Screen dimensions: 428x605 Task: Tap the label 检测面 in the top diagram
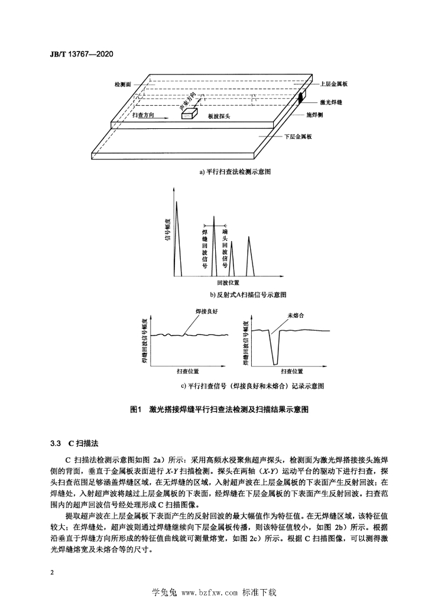click(x=123, y=84)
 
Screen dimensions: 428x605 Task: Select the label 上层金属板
click(x=334, y=83)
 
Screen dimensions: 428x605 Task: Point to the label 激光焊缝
click(x=331, y=102)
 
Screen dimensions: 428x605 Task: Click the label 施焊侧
click(x=314, y=115)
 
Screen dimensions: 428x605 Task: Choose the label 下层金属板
click(x=298, y=136)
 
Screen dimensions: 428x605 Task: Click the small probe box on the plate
click(x=189, y=113)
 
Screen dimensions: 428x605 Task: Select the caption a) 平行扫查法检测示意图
click(x=235, y=172)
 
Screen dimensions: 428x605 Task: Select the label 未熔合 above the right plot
click(x=296, y=315)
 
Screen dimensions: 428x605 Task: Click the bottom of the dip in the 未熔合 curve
click(x=275, y=364)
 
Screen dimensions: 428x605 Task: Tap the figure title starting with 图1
click(x=219, y=409)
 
